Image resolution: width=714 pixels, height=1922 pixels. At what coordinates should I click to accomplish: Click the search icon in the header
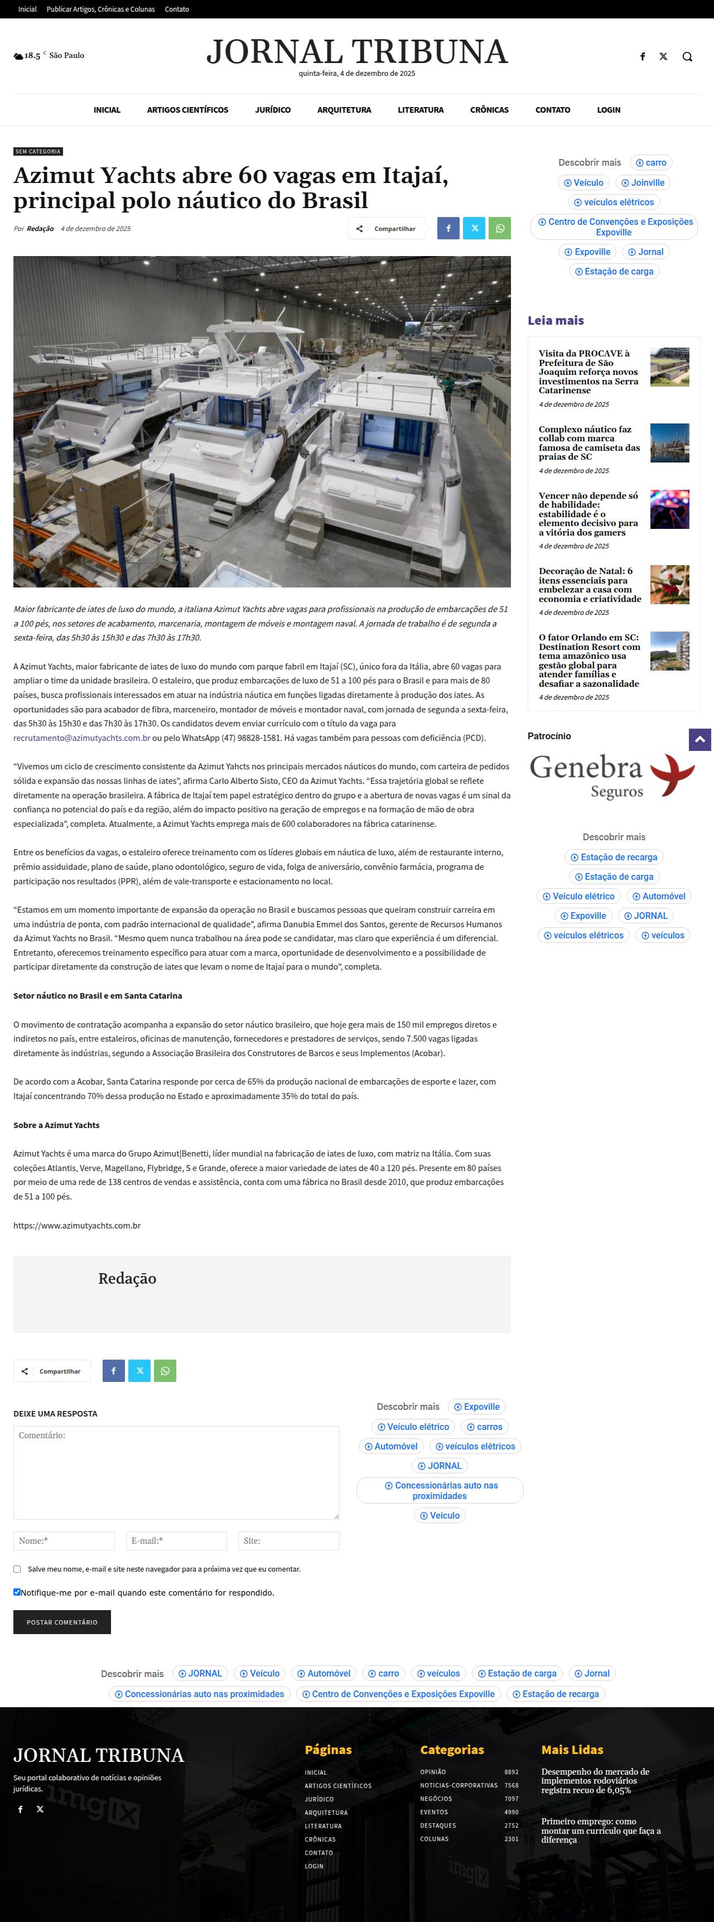pos(687,57)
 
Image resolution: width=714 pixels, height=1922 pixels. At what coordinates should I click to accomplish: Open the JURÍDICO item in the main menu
pos(272,110)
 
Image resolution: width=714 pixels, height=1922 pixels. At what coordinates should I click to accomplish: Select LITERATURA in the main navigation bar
pos(420,110)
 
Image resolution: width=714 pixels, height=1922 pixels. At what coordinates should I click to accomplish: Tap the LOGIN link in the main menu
pos(608,110)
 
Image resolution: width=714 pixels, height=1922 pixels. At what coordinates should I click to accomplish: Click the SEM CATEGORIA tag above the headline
pos(38,151)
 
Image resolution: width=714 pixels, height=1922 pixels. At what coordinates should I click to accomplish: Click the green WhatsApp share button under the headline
pos(500,228)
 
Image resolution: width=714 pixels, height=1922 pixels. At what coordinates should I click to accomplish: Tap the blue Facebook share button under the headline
pos(448,228)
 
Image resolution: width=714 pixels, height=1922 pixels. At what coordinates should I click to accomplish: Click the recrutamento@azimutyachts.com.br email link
pos(82,738)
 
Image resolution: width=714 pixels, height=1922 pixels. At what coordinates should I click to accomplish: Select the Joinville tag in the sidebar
pos(643,183)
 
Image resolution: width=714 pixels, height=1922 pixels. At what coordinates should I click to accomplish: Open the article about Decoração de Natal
pos(590,584)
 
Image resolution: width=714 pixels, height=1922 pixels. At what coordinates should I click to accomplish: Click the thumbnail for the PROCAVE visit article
pos(669,367)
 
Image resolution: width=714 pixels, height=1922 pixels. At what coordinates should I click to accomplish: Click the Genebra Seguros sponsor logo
pos(612,777)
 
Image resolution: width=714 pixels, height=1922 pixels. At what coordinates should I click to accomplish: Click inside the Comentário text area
pos(176,1472)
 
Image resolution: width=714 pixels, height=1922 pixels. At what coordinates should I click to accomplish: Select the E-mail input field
pos(176,1541)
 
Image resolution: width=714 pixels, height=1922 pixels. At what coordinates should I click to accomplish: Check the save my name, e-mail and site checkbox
pos(17,1569)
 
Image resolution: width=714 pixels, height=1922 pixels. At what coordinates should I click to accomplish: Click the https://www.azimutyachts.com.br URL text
pos(77,1225)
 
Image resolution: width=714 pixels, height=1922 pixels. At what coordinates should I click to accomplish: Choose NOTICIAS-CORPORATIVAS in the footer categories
pos(458,1785)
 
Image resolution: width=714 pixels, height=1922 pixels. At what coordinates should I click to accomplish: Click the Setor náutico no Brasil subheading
pos(98,995)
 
